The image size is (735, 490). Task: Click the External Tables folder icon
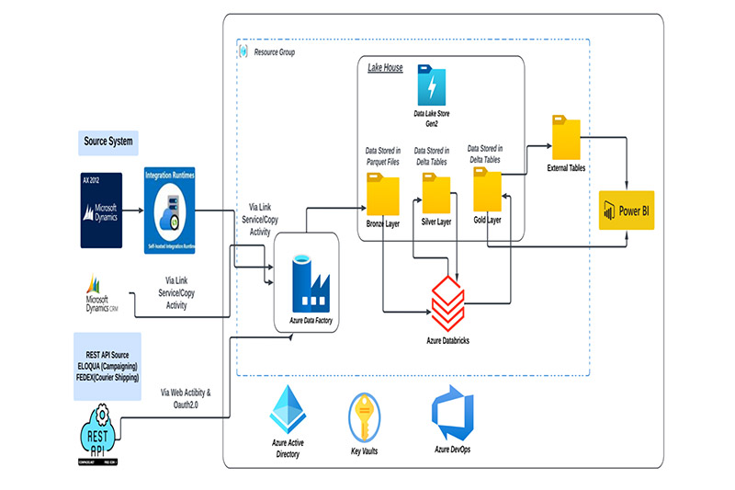(566, 138)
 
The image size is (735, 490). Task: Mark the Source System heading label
(108, 142)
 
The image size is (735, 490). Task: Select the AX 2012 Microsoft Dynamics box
(100, 210)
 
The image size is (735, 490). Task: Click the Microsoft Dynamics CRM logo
(99, 293)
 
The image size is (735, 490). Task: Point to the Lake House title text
(385, 68)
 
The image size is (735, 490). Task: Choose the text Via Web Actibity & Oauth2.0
(186, 398)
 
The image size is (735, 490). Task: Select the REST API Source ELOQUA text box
(107, 366)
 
